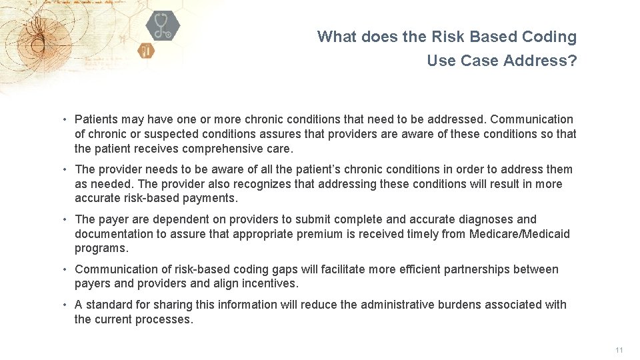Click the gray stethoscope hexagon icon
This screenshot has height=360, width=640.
pos(163,27)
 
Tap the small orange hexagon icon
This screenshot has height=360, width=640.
pos(146,50)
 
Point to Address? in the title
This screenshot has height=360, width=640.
pos(541,61)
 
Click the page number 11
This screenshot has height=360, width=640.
pos(619,350)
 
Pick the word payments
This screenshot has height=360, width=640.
pos(213,198)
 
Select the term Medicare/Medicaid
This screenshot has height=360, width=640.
pos(520,234)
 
